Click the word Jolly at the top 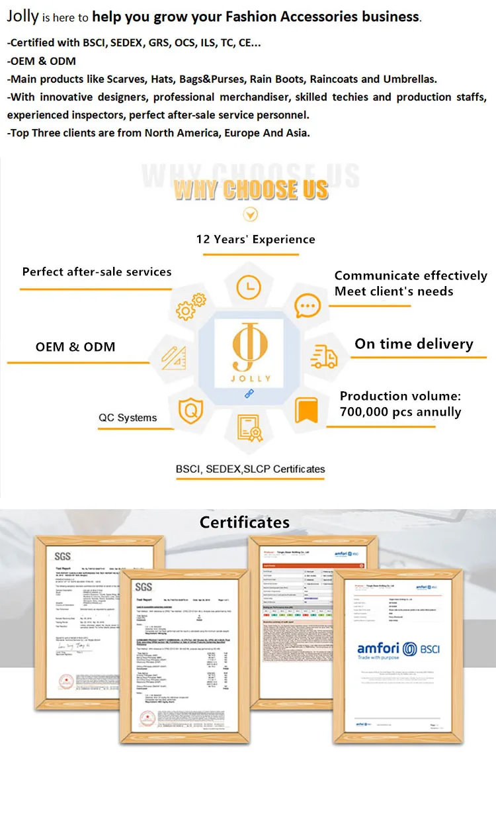tap(23, 17)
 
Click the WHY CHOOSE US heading tap(251, 189)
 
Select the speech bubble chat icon tap(307, 307)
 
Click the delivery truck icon tap(324, 358)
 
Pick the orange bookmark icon tap(306, 410)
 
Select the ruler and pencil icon tap(172, 358)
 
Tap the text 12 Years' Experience tap(255, 239)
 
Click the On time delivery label tap(414, 344)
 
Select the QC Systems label tap(128, 418)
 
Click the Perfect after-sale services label tap(97, 271)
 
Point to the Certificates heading tap(245, 522)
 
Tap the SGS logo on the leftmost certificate tap(62, 556)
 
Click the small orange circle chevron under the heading tap(251, 215)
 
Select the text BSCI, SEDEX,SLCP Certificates tap(250, 469)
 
